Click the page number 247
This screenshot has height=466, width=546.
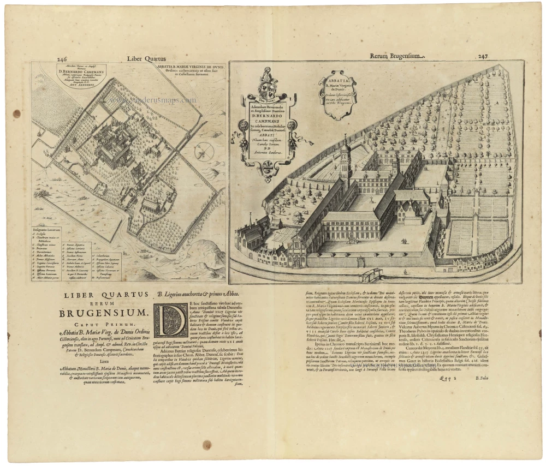pyautogui.click(x=483, y=56)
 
